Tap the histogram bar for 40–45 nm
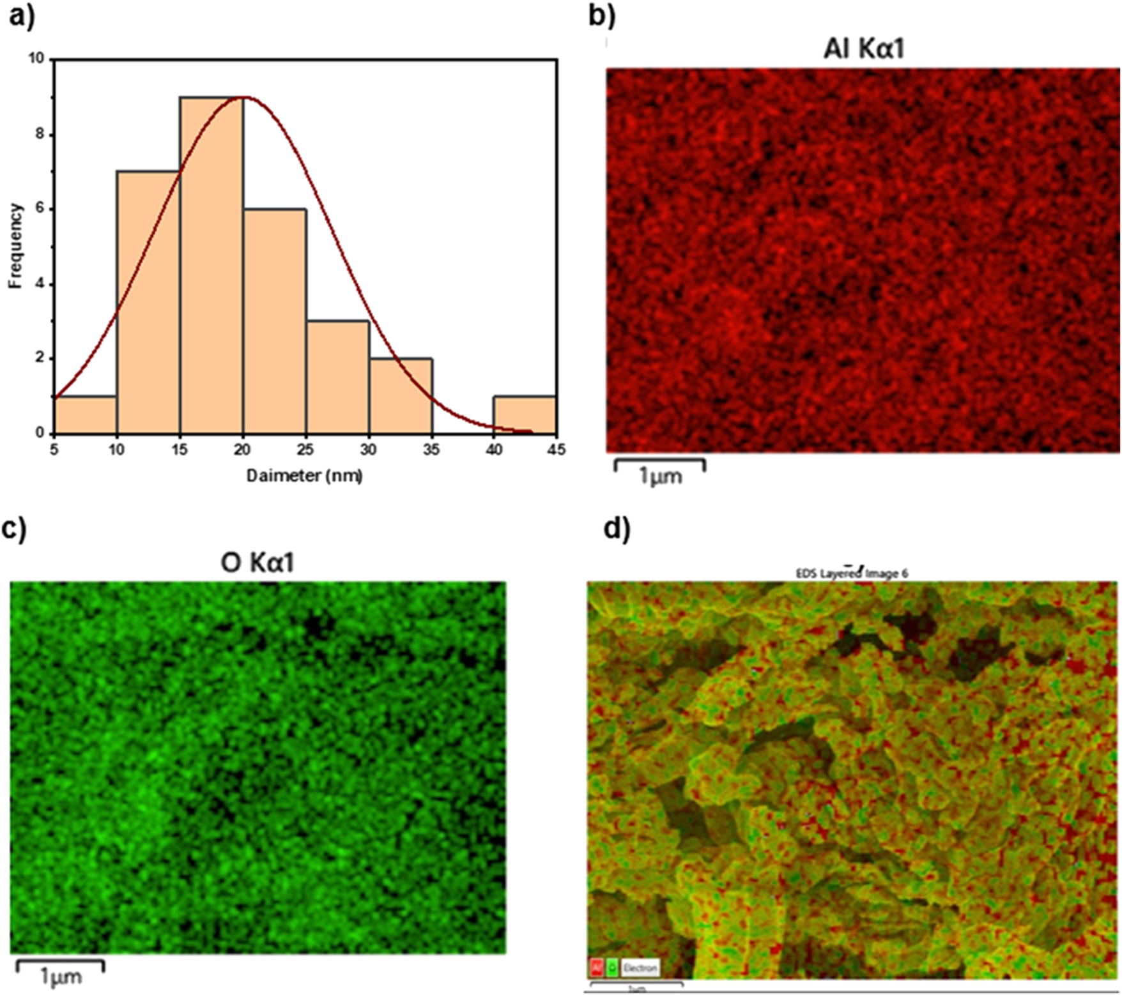524,415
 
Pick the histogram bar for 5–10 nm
86,415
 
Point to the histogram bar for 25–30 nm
337,377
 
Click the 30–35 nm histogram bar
400,396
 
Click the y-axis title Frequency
15,246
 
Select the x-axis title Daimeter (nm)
305,475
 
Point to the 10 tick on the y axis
36,59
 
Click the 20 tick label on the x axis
242,450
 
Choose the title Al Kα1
864,49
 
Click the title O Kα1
257,563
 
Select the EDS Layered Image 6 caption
852,573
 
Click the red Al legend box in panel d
597,968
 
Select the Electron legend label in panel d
640,968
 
